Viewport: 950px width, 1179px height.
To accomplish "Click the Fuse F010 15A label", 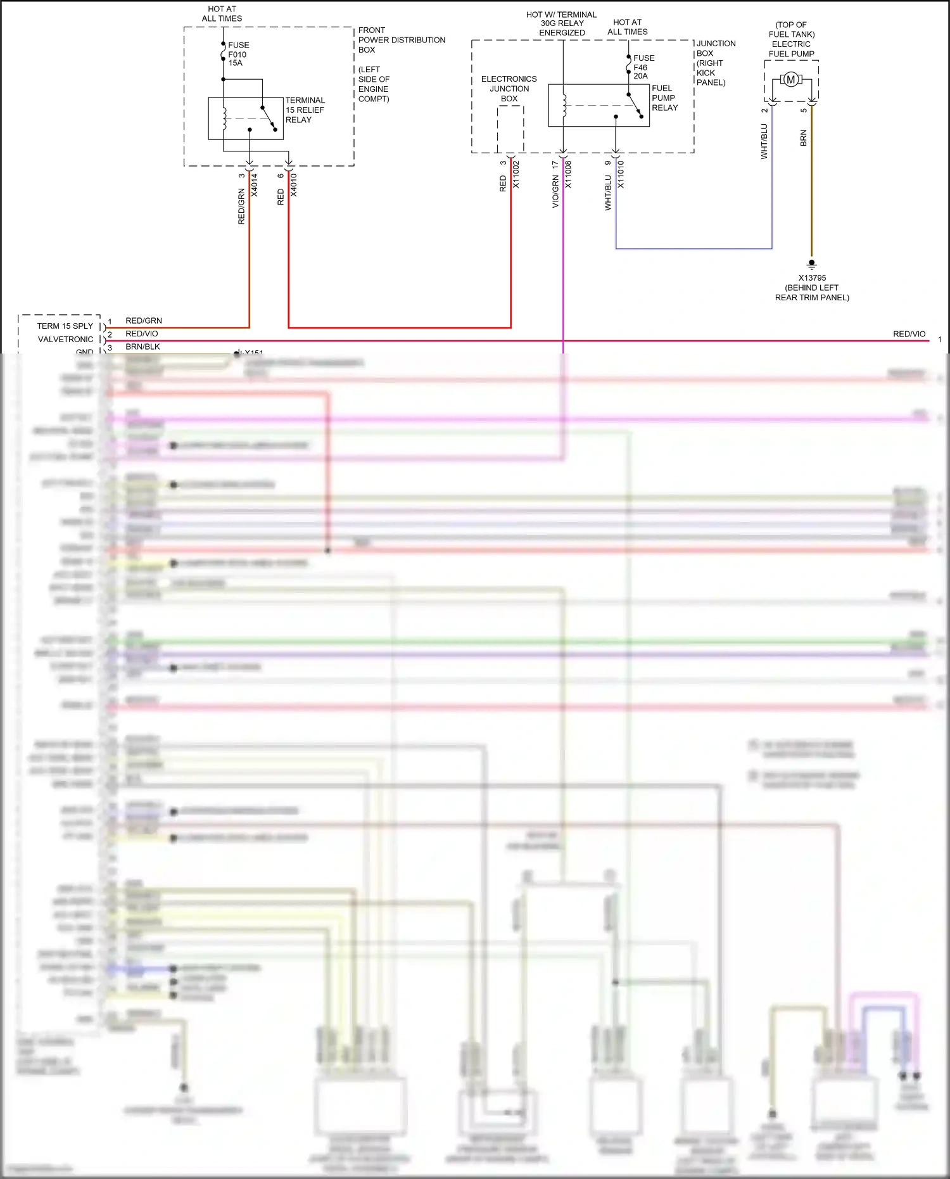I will coord(238,54).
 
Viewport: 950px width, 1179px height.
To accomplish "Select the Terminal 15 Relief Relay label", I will coord(305,110).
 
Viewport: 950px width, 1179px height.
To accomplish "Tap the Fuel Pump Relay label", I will coord(664,98).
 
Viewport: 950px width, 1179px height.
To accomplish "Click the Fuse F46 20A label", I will coord(643,67).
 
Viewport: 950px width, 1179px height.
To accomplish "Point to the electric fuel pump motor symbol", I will coord(790,80).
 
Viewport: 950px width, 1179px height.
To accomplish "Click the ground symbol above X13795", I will coord(811,264).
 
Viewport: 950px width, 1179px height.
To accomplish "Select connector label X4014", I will coord(255,185).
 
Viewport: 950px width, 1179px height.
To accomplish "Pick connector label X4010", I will coord(294,185).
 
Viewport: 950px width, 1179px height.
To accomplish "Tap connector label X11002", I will coord(516,174).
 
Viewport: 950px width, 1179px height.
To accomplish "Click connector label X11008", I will coord(568,174).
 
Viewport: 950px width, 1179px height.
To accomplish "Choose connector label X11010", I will coord(621,174).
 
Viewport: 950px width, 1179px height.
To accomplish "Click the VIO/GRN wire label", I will coord(555,193).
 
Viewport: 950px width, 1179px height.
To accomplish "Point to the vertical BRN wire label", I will coord(804,138).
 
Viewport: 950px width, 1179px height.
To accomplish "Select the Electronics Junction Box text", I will coord(509,89).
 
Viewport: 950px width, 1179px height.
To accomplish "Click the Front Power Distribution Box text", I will coord(401,40).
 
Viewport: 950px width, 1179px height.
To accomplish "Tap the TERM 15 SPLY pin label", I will coord(65,326).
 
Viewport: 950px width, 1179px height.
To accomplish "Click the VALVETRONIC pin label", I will coord(65,340).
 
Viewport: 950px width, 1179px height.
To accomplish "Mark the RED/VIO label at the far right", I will coord(909,334).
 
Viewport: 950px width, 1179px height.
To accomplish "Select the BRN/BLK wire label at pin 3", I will coord(142,347).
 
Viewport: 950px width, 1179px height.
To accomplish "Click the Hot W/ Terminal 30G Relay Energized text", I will coord(562,23).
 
